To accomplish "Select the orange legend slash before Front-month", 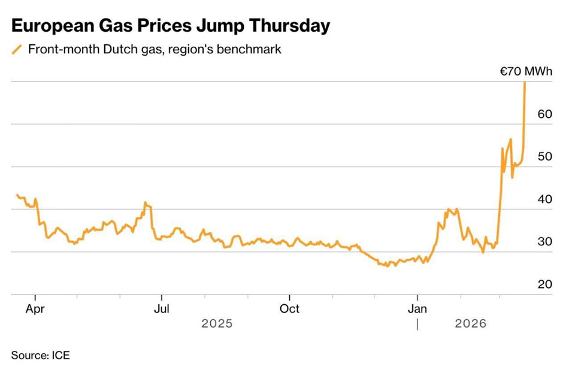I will (17, 50).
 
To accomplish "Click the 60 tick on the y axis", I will (544, 114).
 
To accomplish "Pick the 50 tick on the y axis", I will (544, 157).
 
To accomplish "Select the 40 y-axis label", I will (544, 199).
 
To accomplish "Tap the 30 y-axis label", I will (544, 242).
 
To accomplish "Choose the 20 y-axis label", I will (544, 284).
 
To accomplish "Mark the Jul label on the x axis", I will (162, 309).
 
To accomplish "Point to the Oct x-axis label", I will (290, 309).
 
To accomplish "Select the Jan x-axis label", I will (417, 309).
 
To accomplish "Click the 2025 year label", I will (217, 324).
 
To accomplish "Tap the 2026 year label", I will (471, 324).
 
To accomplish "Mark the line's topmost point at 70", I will (525, 83).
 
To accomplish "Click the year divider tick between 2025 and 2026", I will (417, 324).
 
